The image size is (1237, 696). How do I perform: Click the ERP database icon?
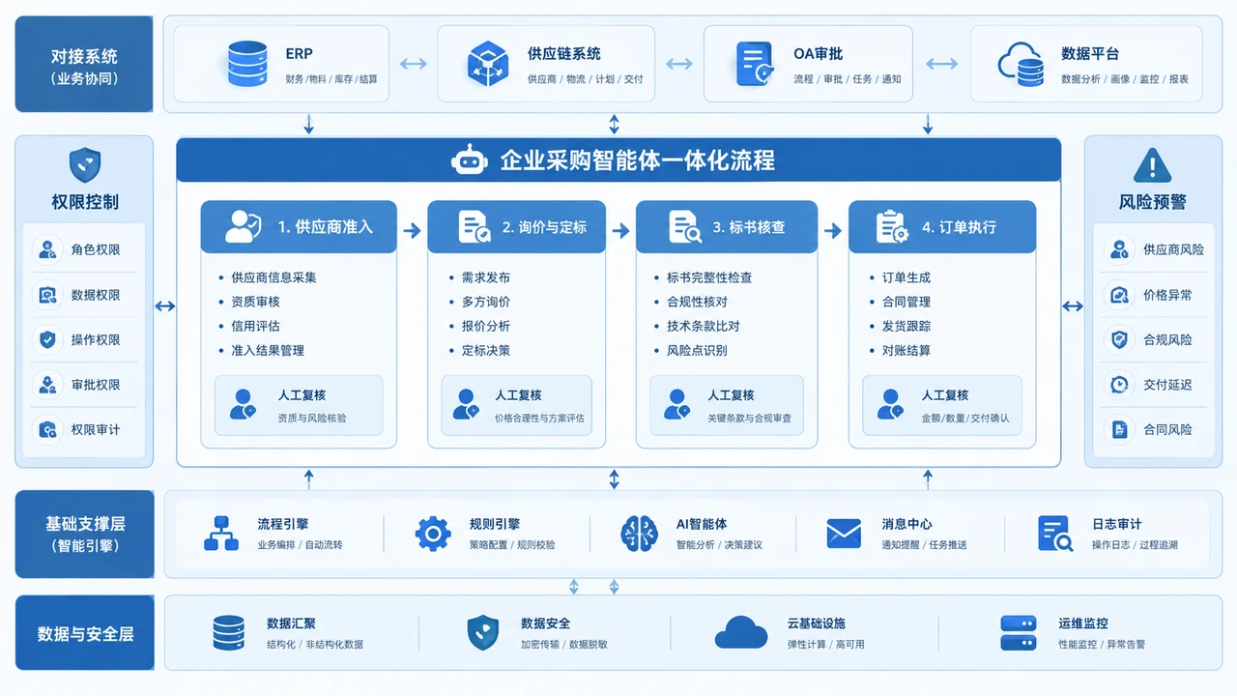(247, 64)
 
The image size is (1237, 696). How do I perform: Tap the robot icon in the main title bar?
(470, 160)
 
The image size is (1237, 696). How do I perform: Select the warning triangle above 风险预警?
(1152, 164)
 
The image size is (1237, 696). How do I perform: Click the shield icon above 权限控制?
(85, 164)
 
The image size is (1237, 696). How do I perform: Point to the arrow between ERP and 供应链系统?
(413, 64)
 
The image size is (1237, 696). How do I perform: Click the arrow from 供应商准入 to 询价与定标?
(412, 230)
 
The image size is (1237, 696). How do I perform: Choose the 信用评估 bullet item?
(255, 326)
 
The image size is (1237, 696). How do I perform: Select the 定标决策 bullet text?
(486, 350)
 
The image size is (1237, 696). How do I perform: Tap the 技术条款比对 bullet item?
(703, 326)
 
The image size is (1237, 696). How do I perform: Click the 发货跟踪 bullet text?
(906, 326)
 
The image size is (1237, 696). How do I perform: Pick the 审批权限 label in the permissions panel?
(96, 385)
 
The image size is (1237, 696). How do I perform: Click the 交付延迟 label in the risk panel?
(1167, 385)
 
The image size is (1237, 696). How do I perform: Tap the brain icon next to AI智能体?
(639, 534)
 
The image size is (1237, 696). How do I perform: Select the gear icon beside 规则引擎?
(433, 534)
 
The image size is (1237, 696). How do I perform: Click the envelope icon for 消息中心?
(844, 534)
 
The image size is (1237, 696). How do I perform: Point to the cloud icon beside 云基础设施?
(741, 633)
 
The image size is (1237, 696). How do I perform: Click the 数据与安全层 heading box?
(84, 632)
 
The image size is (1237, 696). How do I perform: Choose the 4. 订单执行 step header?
(942, 226)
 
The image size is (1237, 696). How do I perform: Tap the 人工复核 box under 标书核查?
(727, 405)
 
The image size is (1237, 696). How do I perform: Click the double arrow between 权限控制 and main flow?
(164, 305)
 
